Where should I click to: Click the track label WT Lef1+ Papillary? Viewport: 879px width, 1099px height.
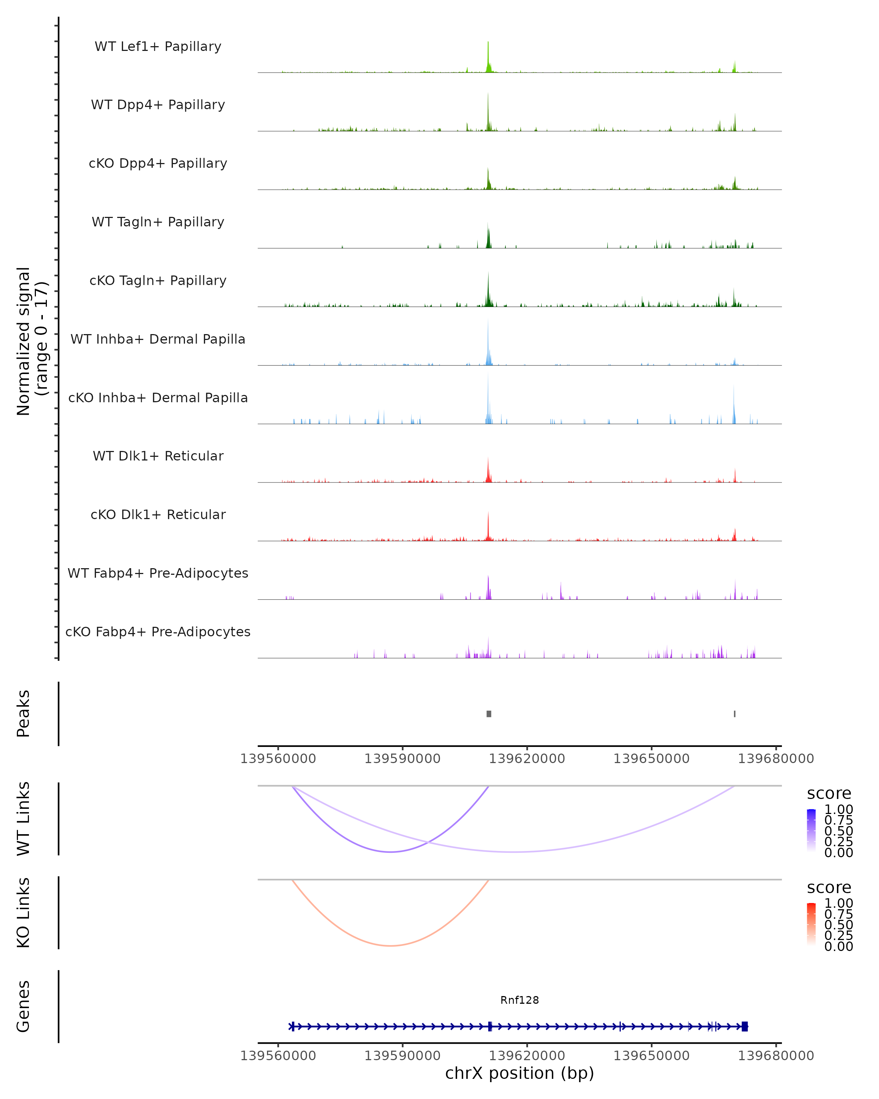pyautogui.click(x=158, y=47)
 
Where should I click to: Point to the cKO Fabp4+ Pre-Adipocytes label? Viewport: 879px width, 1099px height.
pyautogui.click(x=158, y=632)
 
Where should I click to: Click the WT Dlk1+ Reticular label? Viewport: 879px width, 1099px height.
pyautogui.click(x=158, y=456)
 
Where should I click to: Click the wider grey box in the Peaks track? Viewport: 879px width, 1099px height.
pyautogui.click(x=489, y=714)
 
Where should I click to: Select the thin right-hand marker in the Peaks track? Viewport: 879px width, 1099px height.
pyautogui.click(x=734, y=714)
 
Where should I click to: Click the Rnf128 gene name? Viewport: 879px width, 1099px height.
pyautogui.click(x=519, y=1000)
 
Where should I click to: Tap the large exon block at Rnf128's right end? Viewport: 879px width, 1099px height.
pyautogui.click(x=745, y=1026)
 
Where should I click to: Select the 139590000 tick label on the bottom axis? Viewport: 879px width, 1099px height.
pyautogui.click(x=402, y=1056)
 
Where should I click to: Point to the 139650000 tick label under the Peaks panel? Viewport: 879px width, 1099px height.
pyautogui.click(x=651, y=759)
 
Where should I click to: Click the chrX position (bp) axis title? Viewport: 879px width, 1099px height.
pyautogui.click(x=519, y=1073)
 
